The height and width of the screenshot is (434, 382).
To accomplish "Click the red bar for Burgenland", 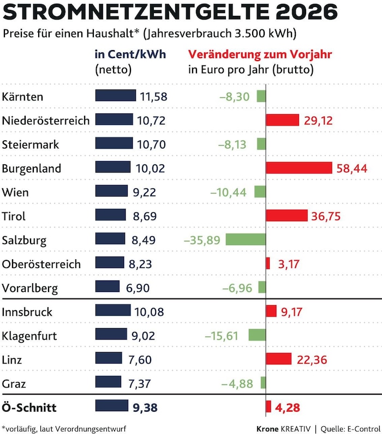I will tap(299, 168).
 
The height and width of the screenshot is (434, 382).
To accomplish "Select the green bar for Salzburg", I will tap(245, 239).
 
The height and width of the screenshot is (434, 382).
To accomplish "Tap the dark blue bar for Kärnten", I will tap(116, 96).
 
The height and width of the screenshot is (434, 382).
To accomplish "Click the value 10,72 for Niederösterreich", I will tap(152, 120).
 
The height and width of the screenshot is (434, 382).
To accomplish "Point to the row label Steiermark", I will tap(31, 145).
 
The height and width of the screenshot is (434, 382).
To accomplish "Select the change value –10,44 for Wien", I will tap(228, 192).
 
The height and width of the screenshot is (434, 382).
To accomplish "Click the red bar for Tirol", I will tap(287, 216).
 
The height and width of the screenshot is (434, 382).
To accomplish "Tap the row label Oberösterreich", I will tap(41, 264).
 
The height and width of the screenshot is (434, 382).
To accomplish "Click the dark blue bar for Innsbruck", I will tap(113, 311).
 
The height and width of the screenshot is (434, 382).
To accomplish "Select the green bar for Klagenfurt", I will tap(256, 335).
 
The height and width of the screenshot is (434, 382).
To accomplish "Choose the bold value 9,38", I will tap(147, 407).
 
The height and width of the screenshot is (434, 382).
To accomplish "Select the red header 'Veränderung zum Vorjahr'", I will tap(260, 55).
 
